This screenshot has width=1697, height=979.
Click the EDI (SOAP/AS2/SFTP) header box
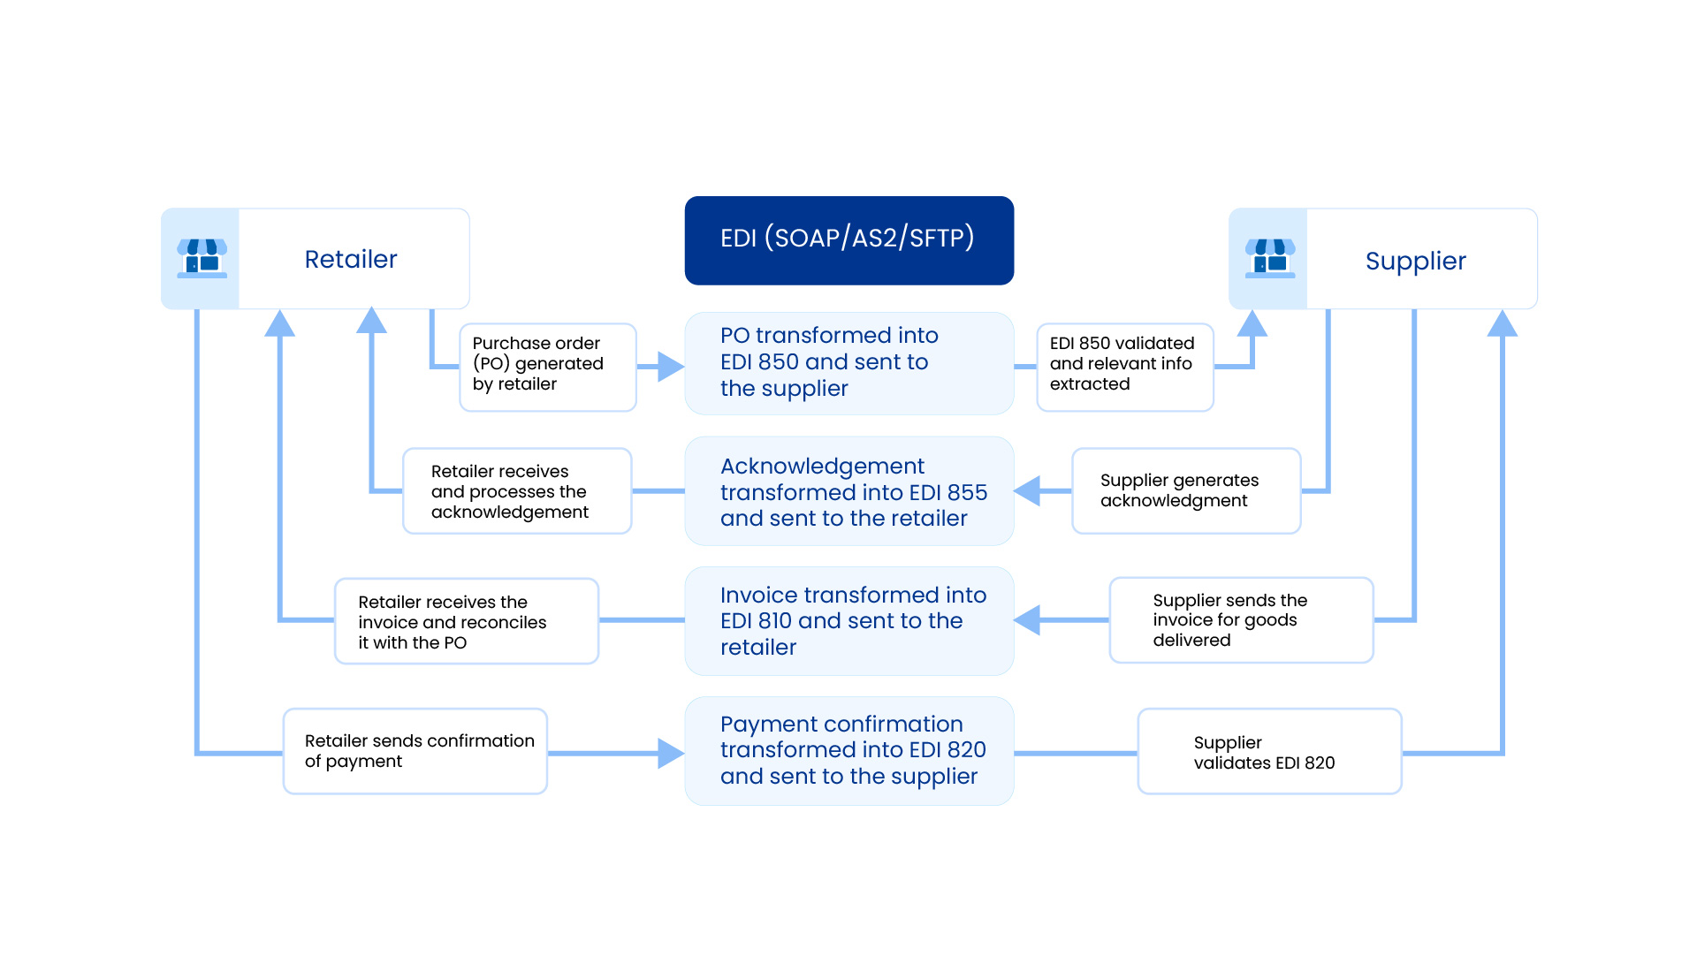click(x=848, y=240)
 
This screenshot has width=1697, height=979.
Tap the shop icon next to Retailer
click(x=202, y=258)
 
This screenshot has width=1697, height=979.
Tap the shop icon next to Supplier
click(x=1269, y=258)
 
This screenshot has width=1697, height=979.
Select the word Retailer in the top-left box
click(x=351, y=259)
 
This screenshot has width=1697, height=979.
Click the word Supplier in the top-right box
click(x=1415, y=261)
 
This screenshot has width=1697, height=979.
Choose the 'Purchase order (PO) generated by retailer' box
click(x=547, y=367)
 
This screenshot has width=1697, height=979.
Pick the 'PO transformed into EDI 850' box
click(x=848, y=363)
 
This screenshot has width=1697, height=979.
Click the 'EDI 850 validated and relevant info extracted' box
click(x=1124, y=367)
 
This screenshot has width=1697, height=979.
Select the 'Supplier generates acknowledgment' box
click(x=1185, y=490)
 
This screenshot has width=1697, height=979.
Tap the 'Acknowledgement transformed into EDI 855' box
click(x=848, y=491)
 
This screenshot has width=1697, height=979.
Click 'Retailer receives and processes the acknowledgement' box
click(x=517, y=491)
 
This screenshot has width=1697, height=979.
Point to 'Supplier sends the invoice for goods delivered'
click(x=1240, y=620)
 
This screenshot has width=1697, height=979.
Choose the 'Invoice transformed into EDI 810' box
click(x=848, y=621)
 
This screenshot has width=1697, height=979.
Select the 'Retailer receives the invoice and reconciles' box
click(x=466, y=621)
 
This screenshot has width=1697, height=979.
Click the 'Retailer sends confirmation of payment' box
click(x=415, y=751)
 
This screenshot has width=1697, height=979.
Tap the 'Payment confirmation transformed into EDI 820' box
click(x=848, y=751)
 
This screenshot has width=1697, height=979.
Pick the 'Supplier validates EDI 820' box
click(x=1269, y=751)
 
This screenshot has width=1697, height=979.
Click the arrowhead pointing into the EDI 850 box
click(x=671, y=367)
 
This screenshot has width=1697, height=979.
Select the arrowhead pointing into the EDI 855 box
click(x=1028, y=491)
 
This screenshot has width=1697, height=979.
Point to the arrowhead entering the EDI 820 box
click(x=671, y=753)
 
